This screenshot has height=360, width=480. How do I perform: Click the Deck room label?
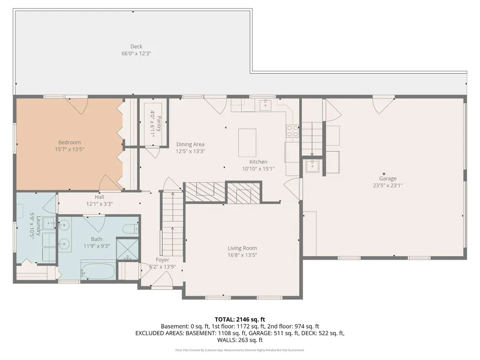pos(136,46)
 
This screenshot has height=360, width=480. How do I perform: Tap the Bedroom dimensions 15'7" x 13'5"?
pos(69,150)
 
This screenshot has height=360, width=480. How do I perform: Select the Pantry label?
pos(158,123)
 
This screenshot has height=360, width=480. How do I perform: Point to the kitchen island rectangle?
pos(247,143)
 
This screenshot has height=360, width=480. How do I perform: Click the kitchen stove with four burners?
pos(292,131)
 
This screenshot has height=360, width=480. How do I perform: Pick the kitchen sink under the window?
pos(265,104)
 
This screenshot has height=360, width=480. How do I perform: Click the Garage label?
pos(388,179)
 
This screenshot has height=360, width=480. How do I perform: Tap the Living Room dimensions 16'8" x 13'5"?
pos(242,255)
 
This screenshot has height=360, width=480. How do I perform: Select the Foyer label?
pos(162,260)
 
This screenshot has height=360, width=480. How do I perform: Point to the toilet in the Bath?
pos(131,229)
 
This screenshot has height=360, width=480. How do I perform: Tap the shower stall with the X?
pos(128,249)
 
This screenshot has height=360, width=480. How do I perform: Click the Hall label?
pos(99,197)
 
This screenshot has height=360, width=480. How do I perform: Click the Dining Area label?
pos(190,144)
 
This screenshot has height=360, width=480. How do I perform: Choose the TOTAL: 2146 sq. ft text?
pos(240,320)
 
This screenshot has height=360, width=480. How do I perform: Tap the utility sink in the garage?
pos(312,166)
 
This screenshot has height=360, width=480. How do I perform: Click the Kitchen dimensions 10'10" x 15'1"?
pos(258,169)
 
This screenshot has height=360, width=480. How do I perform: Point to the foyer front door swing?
pos(162,279)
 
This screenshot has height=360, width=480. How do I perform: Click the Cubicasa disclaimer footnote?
pos(240,350)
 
